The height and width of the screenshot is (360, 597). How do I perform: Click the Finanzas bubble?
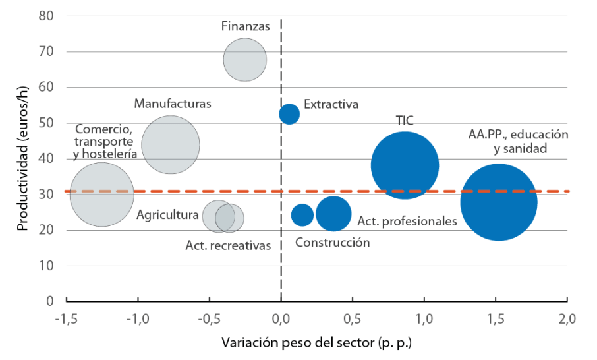(245, 59)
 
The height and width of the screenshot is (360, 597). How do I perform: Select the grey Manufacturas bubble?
(171, 145)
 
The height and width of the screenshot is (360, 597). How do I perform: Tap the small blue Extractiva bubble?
(289, 114)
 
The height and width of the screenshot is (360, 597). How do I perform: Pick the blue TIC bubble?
(405, 165)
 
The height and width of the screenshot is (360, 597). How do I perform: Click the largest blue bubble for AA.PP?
(499, 202)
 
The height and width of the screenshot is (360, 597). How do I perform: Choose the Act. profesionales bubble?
(333, 213)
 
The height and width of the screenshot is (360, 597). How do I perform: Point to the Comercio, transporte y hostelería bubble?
(102, 194)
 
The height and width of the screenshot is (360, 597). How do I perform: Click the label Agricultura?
(167, 215)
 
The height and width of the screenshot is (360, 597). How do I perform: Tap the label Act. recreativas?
(228, 245)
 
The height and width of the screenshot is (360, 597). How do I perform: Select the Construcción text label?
(332, 243)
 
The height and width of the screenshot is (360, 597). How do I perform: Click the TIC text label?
(405, 120)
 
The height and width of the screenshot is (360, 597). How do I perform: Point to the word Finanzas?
(246, 27)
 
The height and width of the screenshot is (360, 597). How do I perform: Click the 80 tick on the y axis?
(47, 16)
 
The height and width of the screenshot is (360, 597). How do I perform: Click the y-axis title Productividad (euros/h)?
(23, 158)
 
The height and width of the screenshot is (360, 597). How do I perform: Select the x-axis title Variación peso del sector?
(316, 344)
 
